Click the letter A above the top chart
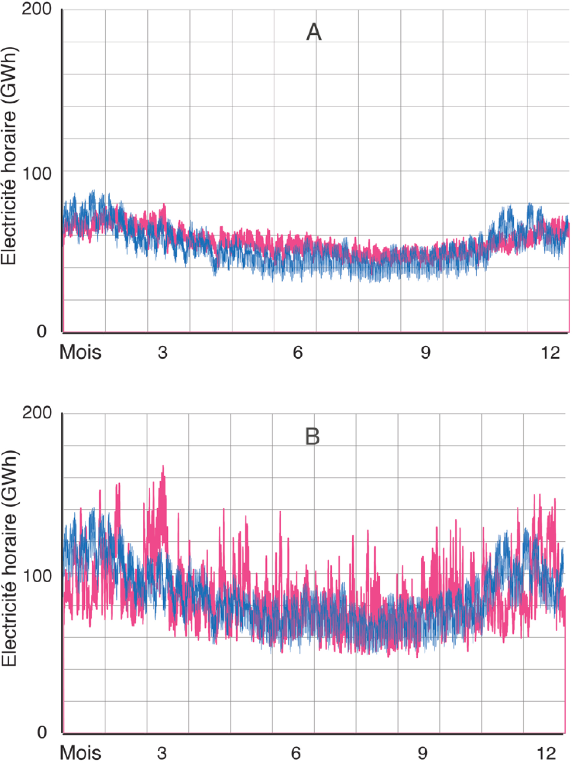pyautogui.click(x=313, y=33)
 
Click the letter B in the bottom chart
pyautogui.click(x=312, y=436)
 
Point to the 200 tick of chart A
pyautogui.click(x=36, y=9)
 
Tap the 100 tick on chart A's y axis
pyautogui.click(x=36, y=173)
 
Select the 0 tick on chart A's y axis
pyautogui.click(x=42, y=331)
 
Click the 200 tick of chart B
pyautogui.click(x=36, y=412)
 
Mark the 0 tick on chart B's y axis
pyautogui.click(x=42, y=732)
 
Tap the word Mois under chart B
pyautogui.click(x=80, y=753)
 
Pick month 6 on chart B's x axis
pyautogui.click(x=296, y=753)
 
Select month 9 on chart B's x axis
pyautogui.click(x=423, y=753)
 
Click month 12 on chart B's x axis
pyautogui.click(x=547, y=753)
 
